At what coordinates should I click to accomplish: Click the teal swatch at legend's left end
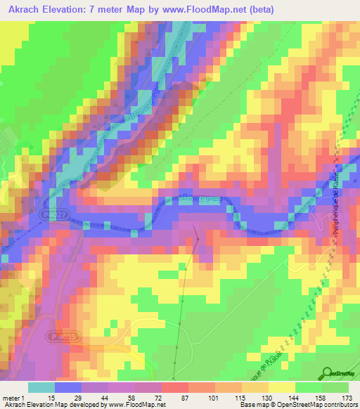pyautogui.click(x=41, y=387)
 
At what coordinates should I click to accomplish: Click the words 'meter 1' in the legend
pyautogui.click(x=13, y=398)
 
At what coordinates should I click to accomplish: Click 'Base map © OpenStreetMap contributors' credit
pyautogui.click(x=297, y=405)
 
